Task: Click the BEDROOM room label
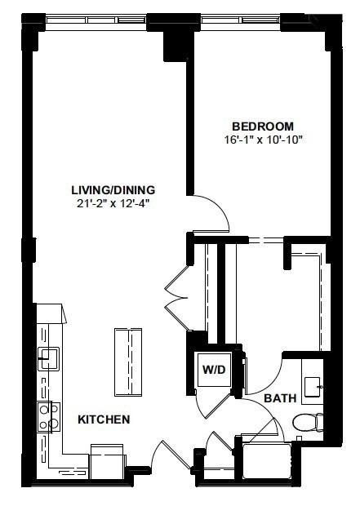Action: click(x=263, y=126)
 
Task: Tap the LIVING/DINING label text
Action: click(x=113, y=189)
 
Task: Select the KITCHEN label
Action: click(x=104, y=419)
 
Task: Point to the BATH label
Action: click(x=280, y=398)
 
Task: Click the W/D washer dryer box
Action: click(x=215, y=370)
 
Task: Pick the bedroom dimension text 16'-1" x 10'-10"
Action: click(x=264, y=140)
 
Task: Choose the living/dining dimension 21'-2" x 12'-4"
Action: click(x=113, y=204)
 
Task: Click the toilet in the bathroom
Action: click(x=308, y=422)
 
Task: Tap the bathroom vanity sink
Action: click(x=312, y=387)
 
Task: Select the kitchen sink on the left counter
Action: click(x=48, y=358)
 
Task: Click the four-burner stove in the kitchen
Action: click(x=49, y=416)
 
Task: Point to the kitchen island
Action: click(x=128, y=362)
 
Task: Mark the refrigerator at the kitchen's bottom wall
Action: click(x=107, y=461)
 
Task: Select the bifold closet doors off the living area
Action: click(x=176, y=298)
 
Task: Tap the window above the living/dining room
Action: click(x=96, y=20)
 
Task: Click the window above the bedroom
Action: click(x=241, y=20)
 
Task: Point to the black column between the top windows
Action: click(x=175, y=37)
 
